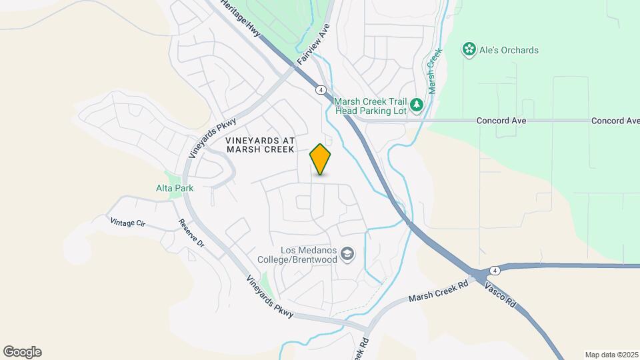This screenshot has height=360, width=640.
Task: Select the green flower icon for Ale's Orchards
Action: coord(469,49)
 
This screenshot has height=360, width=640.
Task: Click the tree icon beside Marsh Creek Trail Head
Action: coord(417,105)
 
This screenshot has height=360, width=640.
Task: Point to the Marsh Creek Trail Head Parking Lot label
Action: coord(370,105)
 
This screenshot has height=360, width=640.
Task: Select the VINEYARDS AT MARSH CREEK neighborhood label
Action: coord(260,145)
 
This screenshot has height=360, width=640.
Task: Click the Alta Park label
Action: coord(175,188)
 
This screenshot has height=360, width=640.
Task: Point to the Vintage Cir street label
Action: coord(127,223)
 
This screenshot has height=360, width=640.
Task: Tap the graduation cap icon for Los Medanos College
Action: coord(347,253)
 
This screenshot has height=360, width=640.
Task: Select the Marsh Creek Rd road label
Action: coord(439,289)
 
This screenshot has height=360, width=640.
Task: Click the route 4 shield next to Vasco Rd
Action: coord(494,270)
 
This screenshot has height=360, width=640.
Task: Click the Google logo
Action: coord(22,352)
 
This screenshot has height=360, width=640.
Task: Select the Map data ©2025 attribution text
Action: coord(611,355)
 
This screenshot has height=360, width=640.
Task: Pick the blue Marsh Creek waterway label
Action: coord(434,71)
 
